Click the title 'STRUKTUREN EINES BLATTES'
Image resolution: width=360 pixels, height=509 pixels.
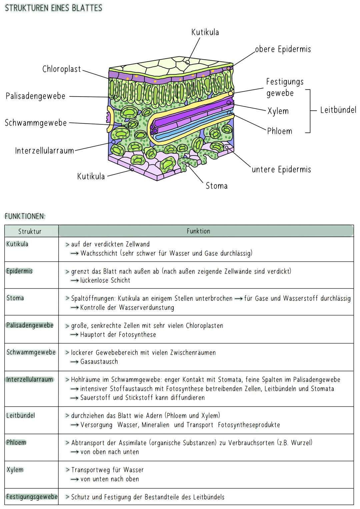[53, 8]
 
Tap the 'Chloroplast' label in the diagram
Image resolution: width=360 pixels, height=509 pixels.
[62, 69]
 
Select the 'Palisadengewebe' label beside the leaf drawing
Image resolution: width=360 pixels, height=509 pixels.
[35, 96]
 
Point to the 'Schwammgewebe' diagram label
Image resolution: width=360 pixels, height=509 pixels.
[36, 123]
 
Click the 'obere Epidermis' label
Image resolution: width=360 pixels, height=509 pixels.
[283, 49]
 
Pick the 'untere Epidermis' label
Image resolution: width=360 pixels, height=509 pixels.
[281, 169]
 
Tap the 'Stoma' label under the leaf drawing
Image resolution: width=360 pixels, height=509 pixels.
[217, 186]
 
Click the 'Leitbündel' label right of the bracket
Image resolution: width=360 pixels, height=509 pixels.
[338, 110]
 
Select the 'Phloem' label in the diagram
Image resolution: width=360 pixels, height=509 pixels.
[279, 131]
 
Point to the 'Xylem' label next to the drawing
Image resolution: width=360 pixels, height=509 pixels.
[278, 111]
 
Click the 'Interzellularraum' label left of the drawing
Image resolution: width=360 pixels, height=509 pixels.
[44, 151]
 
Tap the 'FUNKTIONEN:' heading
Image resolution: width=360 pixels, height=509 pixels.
[25, 216]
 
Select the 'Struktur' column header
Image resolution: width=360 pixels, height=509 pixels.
[30, 231]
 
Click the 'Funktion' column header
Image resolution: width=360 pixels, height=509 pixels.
[198, 231]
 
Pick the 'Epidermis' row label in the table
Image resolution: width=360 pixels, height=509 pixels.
[19, 271]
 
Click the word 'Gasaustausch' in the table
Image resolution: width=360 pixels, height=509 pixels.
[99, 362]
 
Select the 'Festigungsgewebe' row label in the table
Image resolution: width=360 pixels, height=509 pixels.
[32, 497]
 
